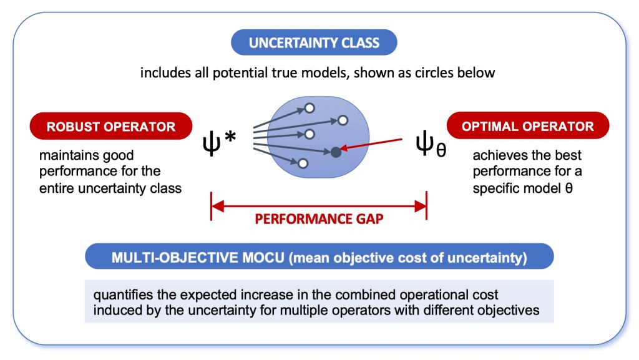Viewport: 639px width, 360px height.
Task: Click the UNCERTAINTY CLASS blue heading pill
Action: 314,43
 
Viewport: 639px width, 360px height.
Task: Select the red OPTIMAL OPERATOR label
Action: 527,126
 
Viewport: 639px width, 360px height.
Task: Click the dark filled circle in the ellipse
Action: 336,152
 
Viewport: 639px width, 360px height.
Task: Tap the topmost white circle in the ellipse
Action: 310,109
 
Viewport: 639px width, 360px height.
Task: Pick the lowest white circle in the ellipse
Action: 303,163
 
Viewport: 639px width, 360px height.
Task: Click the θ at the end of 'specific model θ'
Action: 568,187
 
